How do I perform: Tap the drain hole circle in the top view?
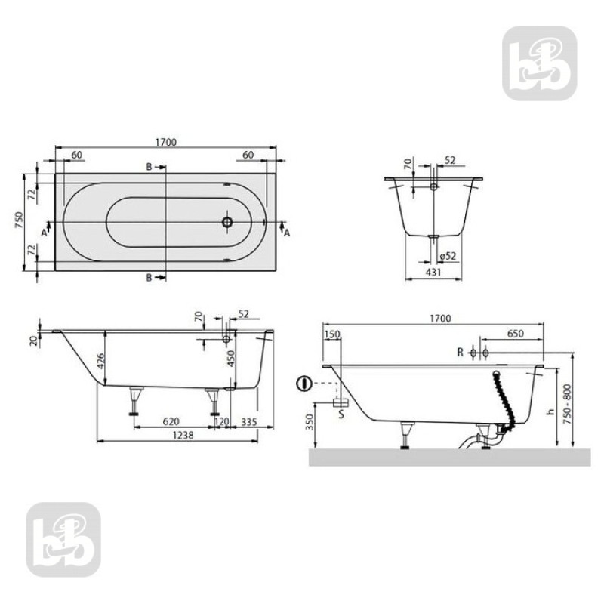pos(227,223)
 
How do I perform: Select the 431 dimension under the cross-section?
pos(433,272)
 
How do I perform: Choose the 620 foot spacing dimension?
pos(171,421)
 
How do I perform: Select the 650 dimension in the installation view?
pos(516,334)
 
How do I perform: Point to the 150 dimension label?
pos(332,334)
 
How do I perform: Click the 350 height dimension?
pos(310,421)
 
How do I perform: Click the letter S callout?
pos(341,414)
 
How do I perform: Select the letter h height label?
pos(552,411)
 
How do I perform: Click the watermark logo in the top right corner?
pos(539,63)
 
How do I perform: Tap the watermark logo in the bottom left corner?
pos(63,540)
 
